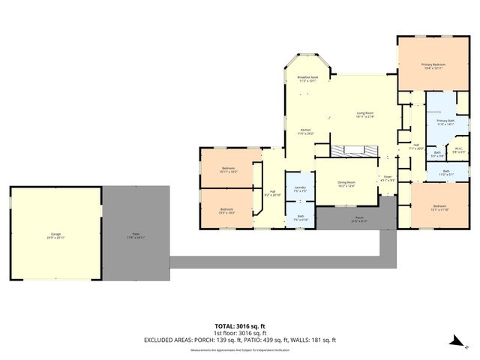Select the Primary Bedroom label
(433, 65)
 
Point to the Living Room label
(365, 113)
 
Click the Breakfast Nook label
(307, 78)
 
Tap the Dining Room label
(346, 183)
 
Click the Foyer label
(387, 178)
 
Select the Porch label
(360, 218)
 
